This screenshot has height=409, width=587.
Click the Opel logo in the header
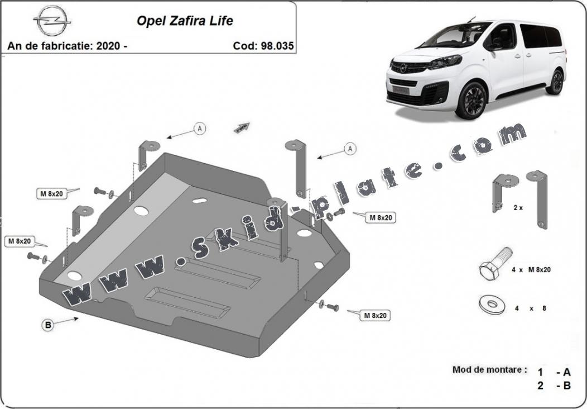coord(52,21)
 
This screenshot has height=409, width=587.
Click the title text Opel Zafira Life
coord(185,21)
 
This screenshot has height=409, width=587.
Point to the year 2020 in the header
coord(108,46)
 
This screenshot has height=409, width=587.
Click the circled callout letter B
coord(48,325)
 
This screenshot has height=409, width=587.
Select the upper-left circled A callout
coord(200,129)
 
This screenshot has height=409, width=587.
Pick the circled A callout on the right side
coord(350,149)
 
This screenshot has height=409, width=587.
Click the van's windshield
coord(458,35)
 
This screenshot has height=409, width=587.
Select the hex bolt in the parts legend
coord(495,263)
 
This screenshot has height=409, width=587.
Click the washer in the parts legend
coord(492,305)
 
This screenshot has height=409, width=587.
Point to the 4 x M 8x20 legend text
coord(531,269)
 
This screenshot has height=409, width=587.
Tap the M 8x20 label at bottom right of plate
coord(375,316)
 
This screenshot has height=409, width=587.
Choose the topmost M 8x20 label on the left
coord(52,194)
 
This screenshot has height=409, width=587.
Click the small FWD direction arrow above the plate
coord(242,127)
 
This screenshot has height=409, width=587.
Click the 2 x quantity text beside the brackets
coord(518,207)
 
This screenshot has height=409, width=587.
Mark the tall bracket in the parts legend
coord(538,199)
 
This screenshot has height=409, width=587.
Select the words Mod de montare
coord(490,370)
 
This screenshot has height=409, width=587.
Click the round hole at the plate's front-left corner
coord(75,276)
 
